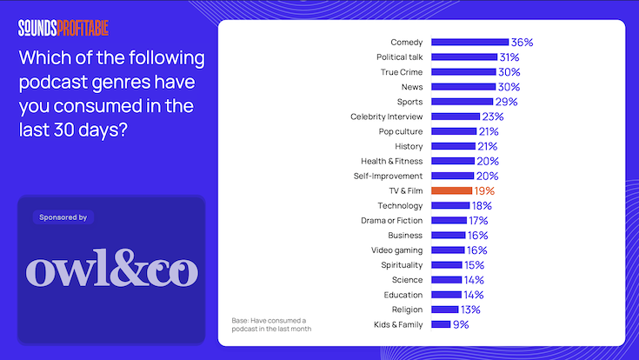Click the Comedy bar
click(469, 42)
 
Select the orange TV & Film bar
click(451, 190)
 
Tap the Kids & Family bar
click(441, 324)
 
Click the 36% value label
click(522, 42)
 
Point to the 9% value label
click(461, 324)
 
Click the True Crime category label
click(402, 71)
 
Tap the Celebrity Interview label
click(387, 117)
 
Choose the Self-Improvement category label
click(389, 176)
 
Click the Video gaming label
click(397, 250)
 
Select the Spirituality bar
click(447, 265)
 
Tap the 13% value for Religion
click(469, 310)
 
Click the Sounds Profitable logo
click(64, 28)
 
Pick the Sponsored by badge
click(63, 217)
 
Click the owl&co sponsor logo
click(111, 270)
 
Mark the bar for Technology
click(450, 206)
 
